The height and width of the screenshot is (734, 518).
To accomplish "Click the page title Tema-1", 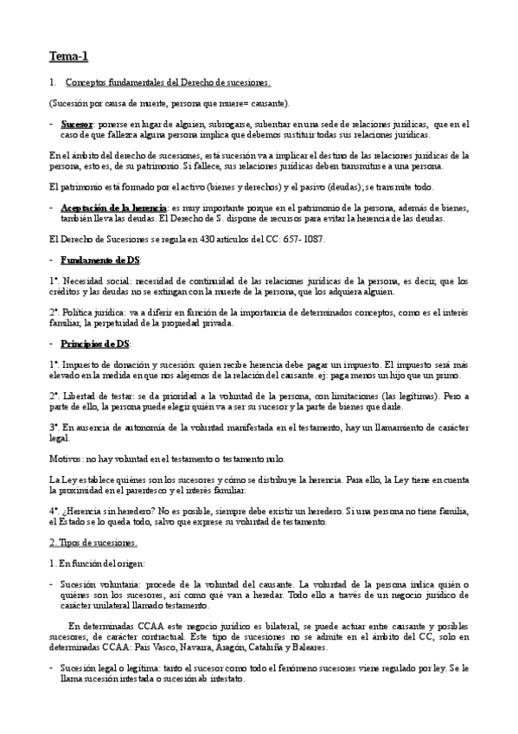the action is (68, 57).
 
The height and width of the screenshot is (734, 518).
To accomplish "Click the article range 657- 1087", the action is (297, 239).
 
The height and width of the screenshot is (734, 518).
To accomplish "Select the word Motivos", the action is (67, 458).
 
